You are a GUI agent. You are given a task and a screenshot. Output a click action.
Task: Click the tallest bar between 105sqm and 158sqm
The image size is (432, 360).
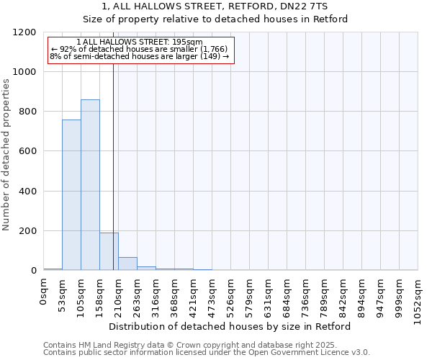pyautogui.click(x=90, y=185)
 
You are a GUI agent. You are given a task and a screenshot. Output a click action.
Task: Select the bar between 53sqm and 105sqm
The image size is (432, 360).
pyautogui.click(x=71, y=195)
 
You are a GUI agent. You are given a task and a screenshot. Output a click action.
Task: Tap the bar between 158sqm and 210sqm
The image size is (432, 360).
pyautogui.click(x=109, y=251)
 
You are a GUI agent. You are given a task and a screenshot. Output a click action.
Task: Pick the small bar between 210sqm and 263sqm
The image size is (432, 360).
pyautogui.click(x=127, y=264)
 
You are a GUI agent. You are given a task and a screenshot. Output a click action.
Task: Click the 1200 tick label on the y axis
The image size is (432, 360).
pyautogui.click(x=24, y=33)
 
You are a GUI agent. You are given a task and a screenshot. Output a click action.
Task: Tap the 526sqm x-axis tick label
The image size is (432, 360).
pyautogui.click(x=231, y=294)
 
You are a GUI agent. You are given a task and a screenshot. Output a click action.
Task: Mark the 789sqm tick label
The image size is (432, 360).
pyautogui.click(x=325, y=294)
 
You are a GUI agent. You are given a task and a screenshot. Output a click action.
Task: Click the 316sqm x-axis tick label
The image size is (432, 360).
pyautogui.click(x=156, y=294)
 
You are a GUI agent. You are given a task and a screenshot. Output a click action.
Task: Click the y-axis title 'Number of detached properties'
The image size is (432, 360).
pyautogui.click(x=7, y=155)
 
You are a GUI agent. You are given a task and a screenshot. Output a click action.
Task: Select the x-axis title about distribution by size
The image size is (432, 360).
pyautogui.click(x=234, y=326)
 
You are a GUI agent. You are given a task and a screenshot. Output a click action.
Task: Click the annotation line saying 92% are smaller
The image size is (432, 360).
pyautogui.click(x=140, y=50)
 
